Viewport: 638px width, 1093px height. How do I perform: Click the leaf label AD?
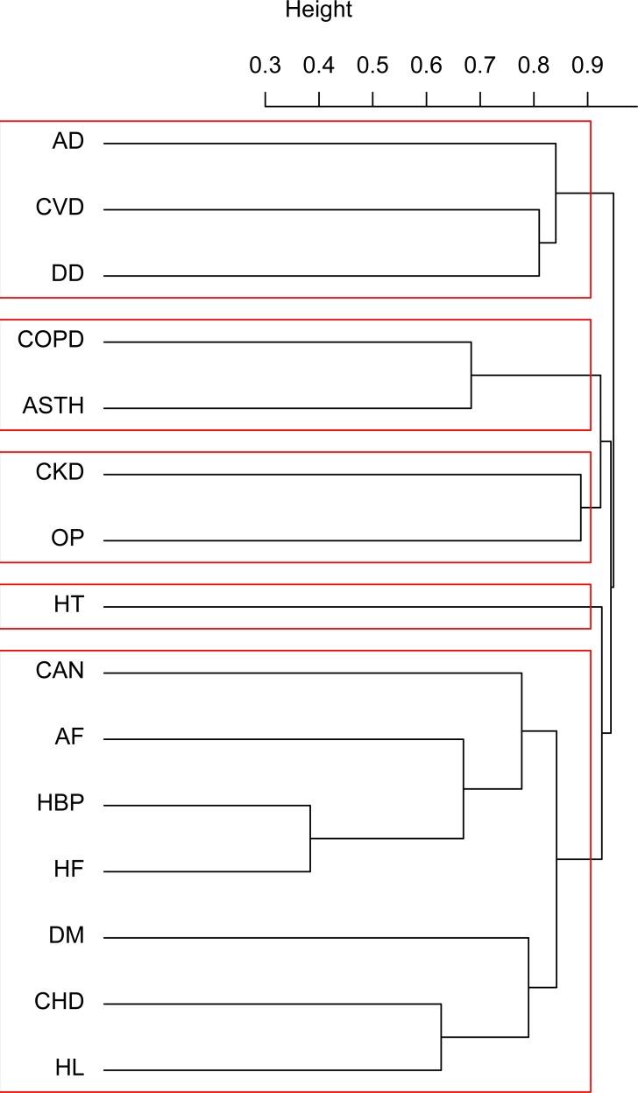tap(68, 142)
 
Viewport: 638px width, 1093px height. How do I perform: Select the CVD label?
tap(60, 208)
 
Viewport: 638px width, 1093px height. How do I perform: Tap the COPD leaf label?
tap(51, 341)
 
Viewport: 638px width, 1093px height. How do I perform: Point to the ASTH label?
tap(53, 407)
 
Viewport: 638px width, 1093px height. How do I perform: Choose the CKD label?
tap(60, 473)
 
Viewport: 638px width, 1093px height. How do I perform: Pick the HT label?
tap(68, 605)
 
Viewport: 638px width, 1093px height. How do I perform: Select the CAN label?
tap(60, 672)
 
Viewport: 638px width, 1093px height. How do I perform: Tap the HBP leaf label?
tap(60, 804)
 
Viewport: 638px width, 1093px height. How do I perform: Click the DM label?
tap(67, 937)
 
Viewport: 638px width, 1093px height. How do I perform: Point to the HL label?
tap(68, 1069)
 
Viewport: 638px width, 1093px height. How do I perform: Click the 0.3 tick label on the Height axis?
tap(265, 67)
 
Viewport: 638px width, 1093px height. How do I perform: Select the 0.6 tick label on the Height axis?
tap(426, 67)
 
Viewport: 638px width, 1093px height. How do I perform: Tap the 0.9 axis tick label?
tap(587, 67)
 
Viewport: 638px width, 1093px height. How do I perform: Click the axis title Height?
tap(319, 11)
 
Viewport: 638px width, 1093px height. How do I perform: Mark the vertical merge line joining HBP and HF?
tap(310, 838)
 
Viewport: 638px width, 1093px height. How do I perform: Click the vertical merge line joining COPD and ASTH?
tap(471, 375)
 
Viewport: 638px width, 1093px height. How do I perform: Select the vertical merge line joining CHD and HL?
tap(441, 1037)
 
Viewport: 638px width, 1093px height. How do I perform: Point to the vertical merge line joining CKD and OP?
tap(581, 507)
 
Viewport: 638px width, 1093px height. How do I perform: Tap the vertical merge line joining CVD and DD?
tap(539, 243)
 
